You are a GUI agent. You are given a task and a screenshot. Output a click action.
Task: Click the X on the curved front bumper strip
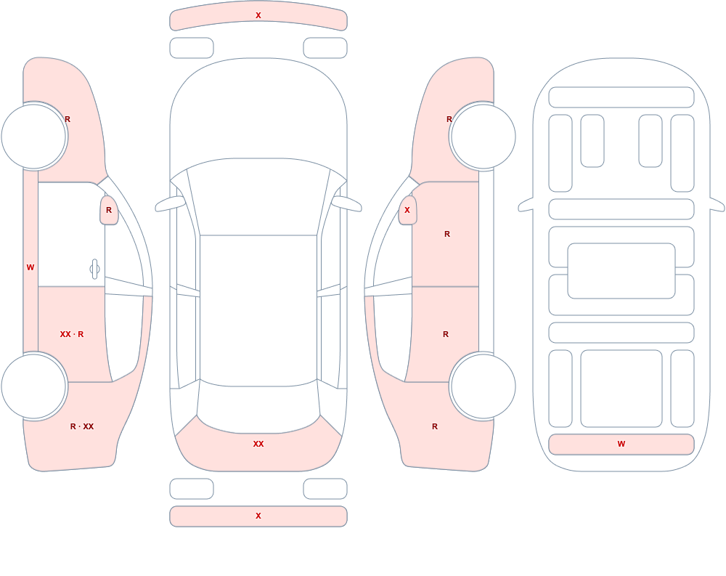[258, 15]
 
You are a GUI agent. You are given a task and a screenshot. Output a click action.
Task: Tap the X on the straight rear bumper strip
[258, 516]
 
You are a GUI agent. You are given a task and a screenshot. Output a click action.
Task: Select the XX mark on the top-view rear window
[258, 444]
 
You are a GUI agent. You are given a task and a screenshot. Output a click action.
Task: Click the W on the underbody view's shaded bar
[621, 444]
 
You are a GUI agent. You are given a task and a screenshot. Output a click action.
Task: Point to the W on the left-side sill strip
[30, 267]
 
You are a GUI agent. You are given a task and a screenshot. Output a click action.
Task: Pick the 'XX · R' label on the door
[72, 334]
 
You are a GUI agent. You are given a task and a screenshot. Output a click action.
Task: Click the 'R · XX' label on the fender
[82, 426]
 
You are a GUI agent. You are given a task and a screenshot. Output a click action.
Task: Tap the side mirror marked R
[109, 211]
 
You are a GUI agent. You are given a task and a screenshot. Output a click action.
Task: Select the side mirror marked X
[407, 211]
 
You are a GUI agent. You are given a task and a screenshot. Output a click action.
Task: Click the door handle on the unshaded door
[94, 269]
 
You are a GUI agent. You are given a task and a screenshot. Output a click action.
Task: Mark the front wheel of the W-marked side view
[34, 137]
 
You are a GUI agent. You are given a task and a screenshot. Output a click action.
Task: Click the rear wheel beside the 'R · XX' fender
[34, 386]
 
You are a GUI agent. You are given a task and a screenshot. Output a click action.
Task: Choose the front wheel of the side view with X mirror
[483, 137]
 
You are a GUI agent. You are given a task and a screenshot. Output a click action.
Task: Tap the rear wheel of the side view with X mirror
[483, 386]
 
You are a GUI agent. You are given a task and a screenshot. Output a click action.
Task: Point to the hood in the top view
[258, 111]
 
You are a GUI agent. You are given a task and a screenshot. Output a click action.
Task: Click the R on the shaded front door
[446, 234]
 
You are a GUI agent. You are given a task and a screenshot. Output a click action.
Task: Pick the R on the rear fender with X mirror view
[435, 426]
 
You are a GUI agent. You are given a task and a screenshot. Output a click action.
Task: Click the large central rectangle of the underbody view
[621, 271]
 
